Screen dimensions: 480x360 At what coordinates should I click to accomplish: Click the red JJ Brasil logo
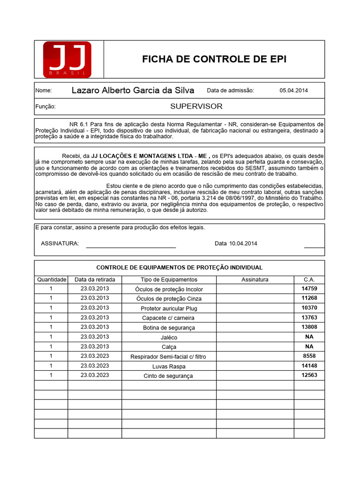pyautogui.click(x=67, y=60)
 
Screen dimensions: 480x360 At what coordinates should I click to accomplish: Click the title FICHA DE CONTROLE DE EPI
pyautogui.click(x=214, y=59)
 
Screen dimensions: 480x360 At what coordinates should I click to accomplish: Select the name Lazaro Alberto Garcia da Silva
pyautogui.click(x=133, y=90)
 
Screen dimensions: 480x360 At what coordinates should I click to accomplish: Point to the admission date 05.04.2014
pyautogui.click(x=294, y=90)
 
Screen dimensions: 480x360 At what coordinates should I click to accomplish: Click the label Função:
pyautogui.click(x=45, y=107)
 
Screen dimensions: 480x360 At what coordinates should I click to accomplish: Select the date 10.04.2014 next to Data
pyautogui.click(x=243, y=244)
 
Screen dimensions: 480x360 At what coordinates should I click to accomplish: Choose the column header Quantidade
pyautogui.click(x=51, y=279)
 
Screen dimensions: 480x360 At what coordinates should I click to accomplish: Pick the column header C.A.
pyautogui.click(x=309, y=279)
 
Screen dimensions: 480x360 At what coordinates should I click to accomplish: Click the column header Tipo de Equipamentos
pyautogui.click(x=169, y=279)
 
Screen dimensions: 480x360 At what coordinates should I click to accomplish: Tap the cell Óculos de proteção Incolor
pyautogui.click(x=169, y=289)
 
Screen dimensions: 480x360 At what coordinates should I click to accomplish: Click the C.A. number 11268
pyautogui.click(x=309, y=298)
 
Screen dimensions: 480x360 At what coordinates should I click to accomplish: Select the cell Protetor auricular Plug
pyautogui.click(x=169, y=308)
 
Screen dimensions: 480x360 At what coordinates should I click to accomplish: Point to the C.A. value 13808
pyautogui.click(x=309, y=327)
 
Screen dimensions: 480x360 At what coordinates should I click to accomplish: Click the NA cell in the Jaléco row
pyautogui.click(x=309, y=337)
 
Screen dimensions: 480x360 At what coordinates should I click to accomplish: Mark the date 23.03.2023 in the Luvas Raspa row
pyautogui.click(x=95, y=366)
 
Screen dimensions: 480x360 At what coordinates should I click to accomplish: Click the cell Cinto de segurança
pyautogui.click(x=169, y=375)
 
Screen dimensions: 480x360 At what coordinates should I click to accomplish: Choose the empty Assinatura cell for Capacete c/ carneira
pyautogui.click(x=255, y=318)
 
